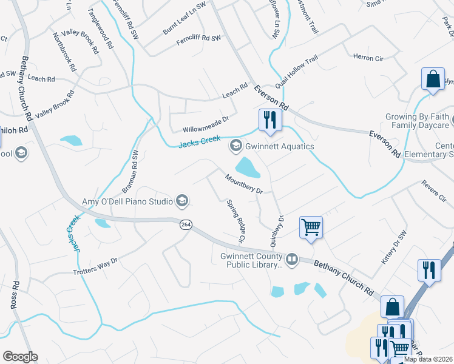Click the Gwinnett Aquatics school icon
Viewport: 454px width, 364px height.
(x=235, y=146)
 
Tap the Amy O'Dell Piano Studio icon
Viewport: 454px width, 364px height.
(x=181, y=201)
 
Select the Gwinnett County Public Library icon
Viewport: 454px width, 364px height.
(x=292, y=260)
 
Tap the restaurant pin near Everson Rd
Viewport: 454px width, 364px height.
(x=268, y=119)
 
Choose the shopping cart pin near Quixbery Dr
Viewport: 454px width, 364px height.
(x=311, y=227)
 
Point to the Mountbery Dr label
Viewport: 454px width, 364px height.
(x=243, y=184)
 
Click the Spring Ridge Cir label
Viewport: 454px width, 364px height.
(x=235, y=221)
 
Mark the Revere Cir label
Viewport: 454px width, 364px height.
(x=434, y=190)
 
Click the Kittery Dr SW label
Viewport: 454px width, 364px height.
(x=395, y=249)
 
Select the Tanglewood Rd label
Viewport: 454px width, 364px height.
(x=101, y=29)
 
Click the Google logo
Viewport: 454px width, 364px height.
(x=20, y=357)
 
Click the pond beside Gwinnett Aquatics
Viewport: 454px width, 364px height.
(x=248, y=167)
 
